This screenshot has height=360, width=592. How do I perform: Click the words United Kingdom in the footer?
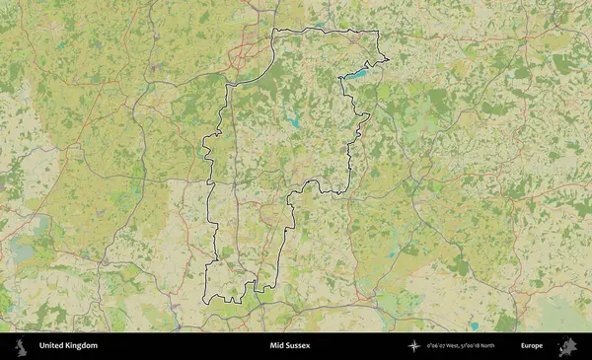click(68, 346)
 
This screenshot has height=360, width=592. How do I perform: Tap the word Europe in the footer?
click(532, 346)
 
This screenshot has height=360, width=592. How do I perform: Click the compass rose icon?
click(414, 346)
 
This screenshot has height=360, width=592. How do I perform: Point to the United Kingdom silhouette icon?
click(20, 346)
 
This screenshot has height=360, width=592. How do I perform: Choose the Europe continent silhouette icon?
click(567, 346)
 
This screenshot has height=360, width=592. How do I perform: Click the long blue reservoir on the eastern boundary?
click(355, 73)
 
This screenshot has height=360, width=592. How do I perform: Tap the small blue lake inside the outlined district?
click(293, 124)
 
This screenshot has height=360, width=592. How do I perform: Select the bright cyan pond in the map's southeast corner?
click(474, 325)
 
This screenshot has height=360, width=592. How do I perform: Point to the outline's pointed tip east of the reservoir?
click(388, 62)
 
